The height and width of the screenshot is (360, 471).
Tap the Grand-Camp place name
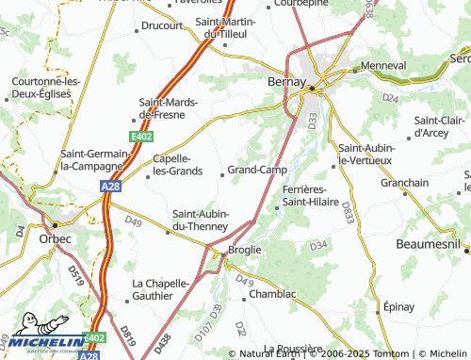(x=256, y=170)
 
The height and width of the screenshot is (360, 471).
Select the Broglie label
(x=244, y=250)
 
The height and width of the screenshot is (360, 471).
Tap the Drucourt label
(x=162, y=26)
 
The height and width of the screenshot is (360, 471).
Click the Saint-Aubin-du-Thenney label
(x=201, y=220)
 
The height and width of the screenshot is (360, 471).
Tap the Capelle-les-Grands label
(x=176, y=165)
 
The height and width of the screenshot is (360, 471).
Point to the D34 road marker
(x=317, y=246)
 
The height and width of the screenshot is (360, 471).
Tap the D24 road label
(x=391, y=97)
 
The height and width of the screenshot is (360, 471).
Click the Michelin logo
(x=41, y=340)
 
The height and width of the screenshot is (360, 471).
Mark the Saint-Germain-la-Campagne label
(x=91, y=159)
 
